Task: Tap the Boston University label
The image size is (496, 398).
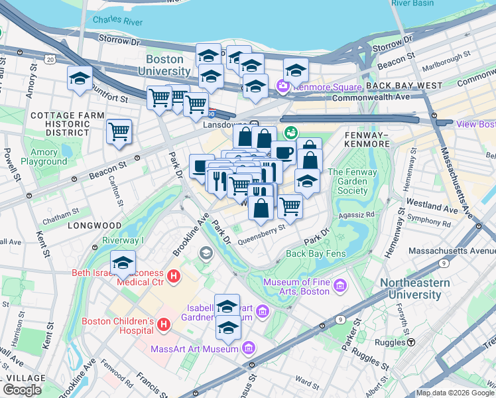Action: coord(168,65)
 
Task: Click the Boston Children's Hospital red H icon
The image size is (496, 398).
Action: coord(164,325)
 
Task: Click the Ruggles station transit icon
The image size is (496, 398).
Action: coord(411,342)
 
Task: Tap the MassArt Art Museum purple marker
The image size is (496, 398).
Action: coord(249,348)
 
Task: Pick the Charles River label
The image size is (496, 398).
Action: coord(118,20)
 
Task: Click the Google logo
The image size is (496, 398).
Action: coord(22,390)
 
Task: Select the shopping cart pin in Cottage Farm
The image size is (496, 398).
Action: coord(119,132)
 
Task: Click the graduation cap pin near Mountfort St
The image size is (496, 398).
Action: coord(80,79)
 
